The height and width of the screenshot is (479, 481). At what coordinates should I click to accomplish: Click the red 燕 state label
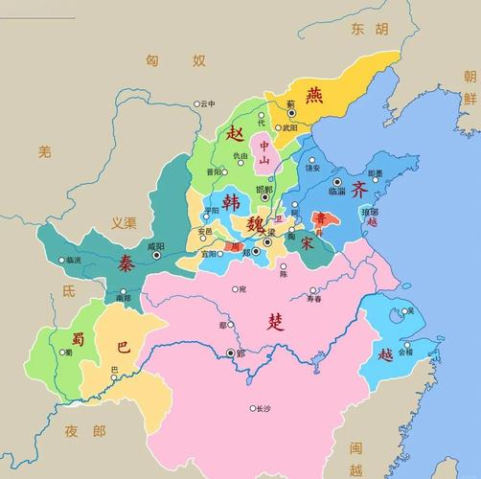pos(314,95)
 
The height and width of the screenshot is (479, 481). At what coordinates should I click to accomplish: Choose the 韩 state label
pos(232,201)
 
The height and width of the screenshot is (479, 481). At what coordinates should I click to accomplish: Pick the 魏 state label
pos(256,225)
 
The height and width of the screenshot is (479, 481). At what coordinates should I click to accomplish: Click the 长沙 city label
pos(263,408)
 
